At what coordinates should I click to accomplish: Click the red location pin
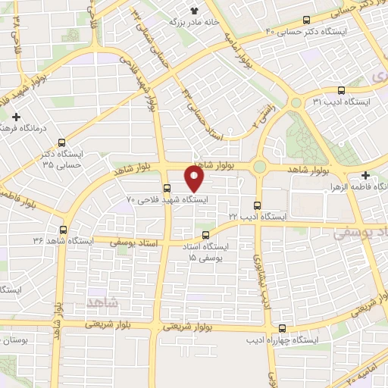[195, 180]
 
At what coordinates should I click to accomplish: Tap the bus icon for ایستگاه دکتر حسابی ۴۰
[306, 20]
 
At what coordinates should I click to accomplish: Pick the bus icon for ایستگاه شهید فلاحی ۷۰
[167, 188]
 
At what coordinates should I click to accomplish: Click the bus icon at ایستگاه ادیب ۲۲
[257, 205]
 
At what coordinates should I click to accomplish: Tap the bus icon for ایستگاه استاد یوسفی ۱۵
[207, 235]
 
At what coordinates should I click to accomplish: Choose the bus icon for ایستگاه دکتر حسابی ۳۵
[61, 142]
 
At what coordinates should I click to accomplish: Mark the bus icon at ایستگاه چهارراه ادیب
[283, 329]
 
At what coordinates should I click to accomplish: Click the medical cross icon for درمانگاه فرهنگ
[16, 117]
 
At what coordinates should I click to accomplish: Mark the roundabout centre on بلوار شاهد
[260, 167]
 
